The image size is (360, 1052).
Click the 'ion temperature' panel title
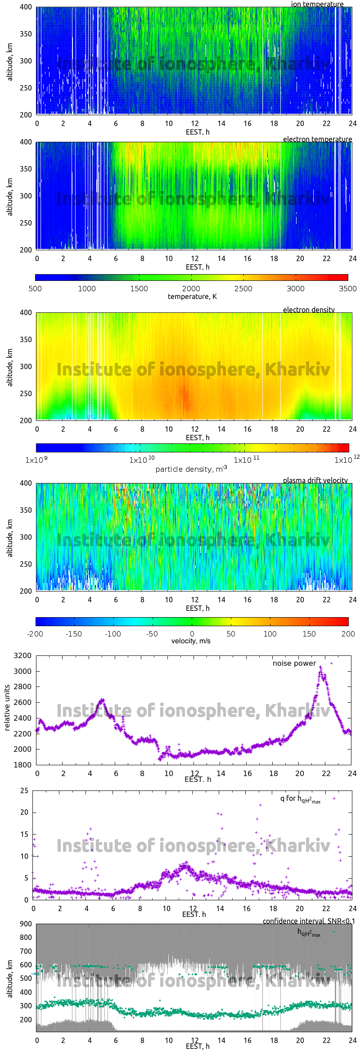click(x=317, y=4)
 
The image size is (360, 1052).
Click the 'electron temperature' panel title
click(x=317, y=139)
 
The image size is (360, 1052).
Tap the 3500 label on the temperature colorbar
click(x=347, y=289)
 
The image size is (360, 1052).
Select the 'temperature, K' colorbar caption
click(x=192, y=297)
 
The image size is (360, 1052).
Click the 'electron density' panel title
click(x=309, y=310)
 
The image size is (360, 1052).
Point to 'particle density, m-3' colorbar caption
click(x=191, y=469)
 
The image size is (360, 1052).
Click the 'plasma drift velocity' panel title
click(x=315, y=480)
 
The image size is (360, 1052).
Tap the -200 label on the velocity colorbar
click(x=35, y=634)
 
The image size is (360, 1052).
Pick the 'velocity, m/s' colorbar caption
click(x=191, y=641)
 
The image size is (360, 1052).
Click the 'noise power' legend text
click(x=294, y=663)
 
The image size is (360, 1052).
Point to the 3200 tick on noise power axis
click(x=23, y=655)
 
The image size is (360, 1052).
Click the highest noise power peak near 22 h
click(x=321, y=667)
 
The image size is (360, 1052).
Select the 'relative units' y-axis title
click(x=7, y=708)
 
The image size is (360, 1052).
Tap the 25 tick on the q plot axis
click(x=24, y=790)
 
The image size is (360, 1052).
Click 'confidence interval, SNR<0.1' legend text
click(x=309, y=921)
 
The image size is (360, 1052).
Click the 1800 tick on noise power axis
click(x=23, y=765)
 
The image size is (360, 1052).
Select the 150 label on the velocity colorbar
click(x=309, y=634)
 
